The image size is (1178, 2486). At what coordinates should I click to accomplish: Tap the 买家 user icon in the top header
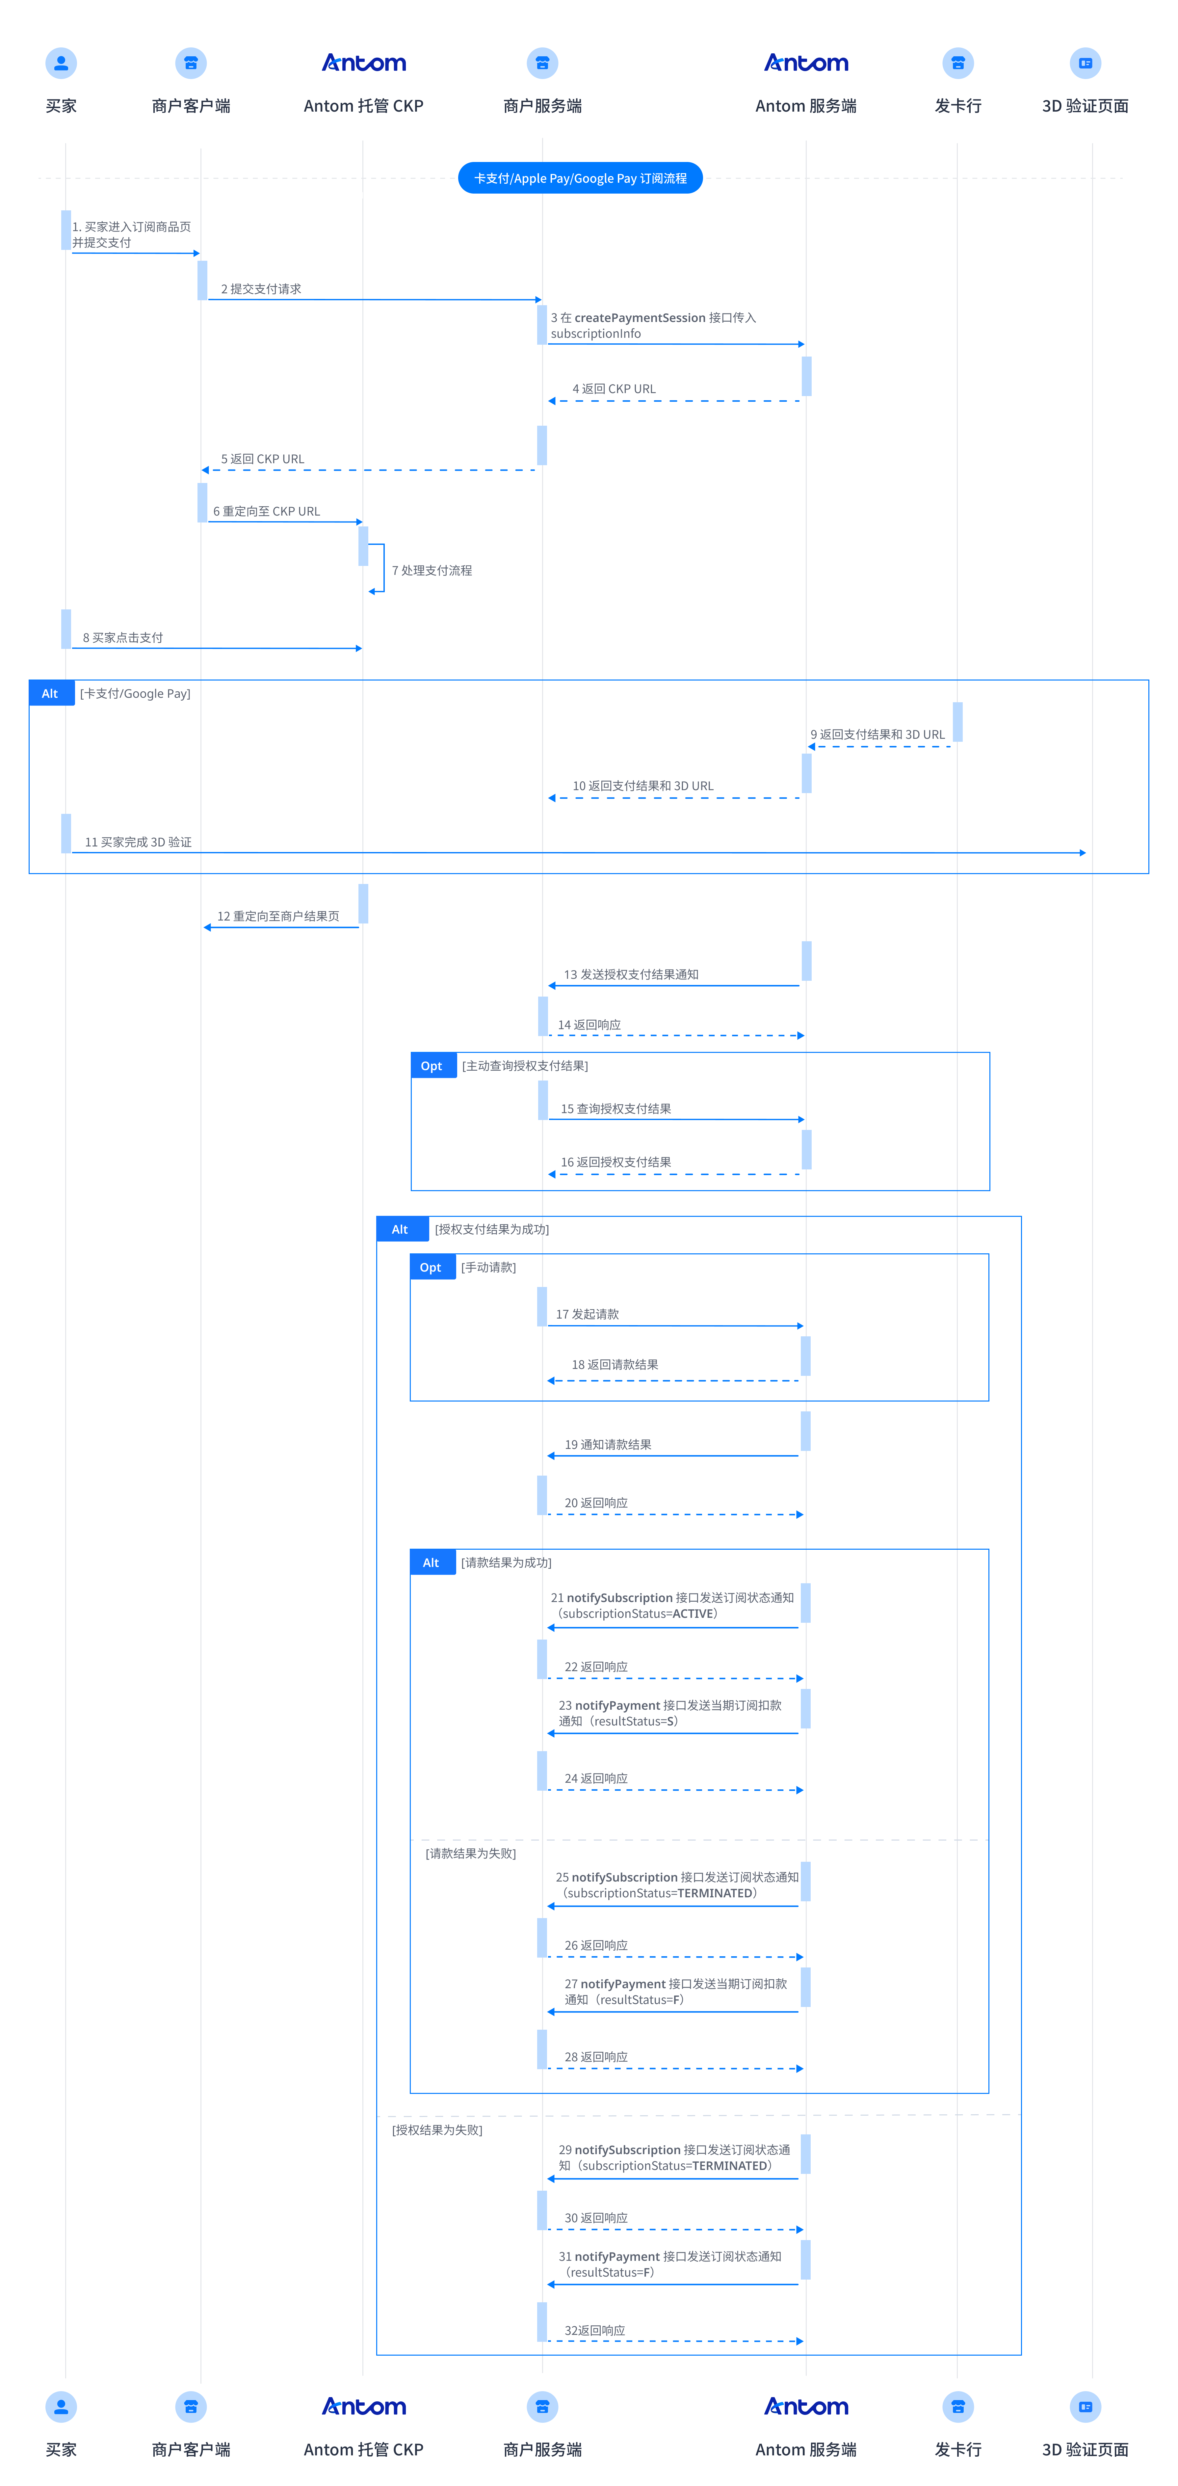[x=61, y=63]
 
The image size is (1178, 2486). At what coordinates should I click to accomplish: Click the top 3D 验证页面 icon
[x=1086, y=63]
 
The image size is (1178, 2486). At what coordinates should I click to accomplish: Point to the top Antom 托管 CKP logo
[x=364, y=63]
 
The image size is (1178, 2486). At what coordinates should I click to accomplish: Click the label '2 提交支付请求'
[x=260, y=288]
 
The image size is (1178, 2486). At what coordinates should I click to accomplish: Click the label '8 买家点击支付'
[x=122, y=638]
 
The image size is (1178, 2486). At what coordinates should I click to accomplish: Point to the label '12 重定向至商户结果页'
[x=278, y=916]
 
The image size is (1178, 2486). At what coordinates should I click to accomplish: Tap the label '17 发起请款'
[x=587, y=1314]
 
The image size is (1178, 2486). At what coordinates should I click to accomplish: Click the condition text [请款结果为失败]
[x=471, y=1853]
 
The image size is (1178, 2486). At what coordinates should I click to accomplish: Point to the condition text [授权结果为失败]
[x=437, y=2130]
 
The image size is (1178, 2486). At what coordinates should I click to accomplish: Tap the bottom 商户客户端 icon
[x=191, y=2407]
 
